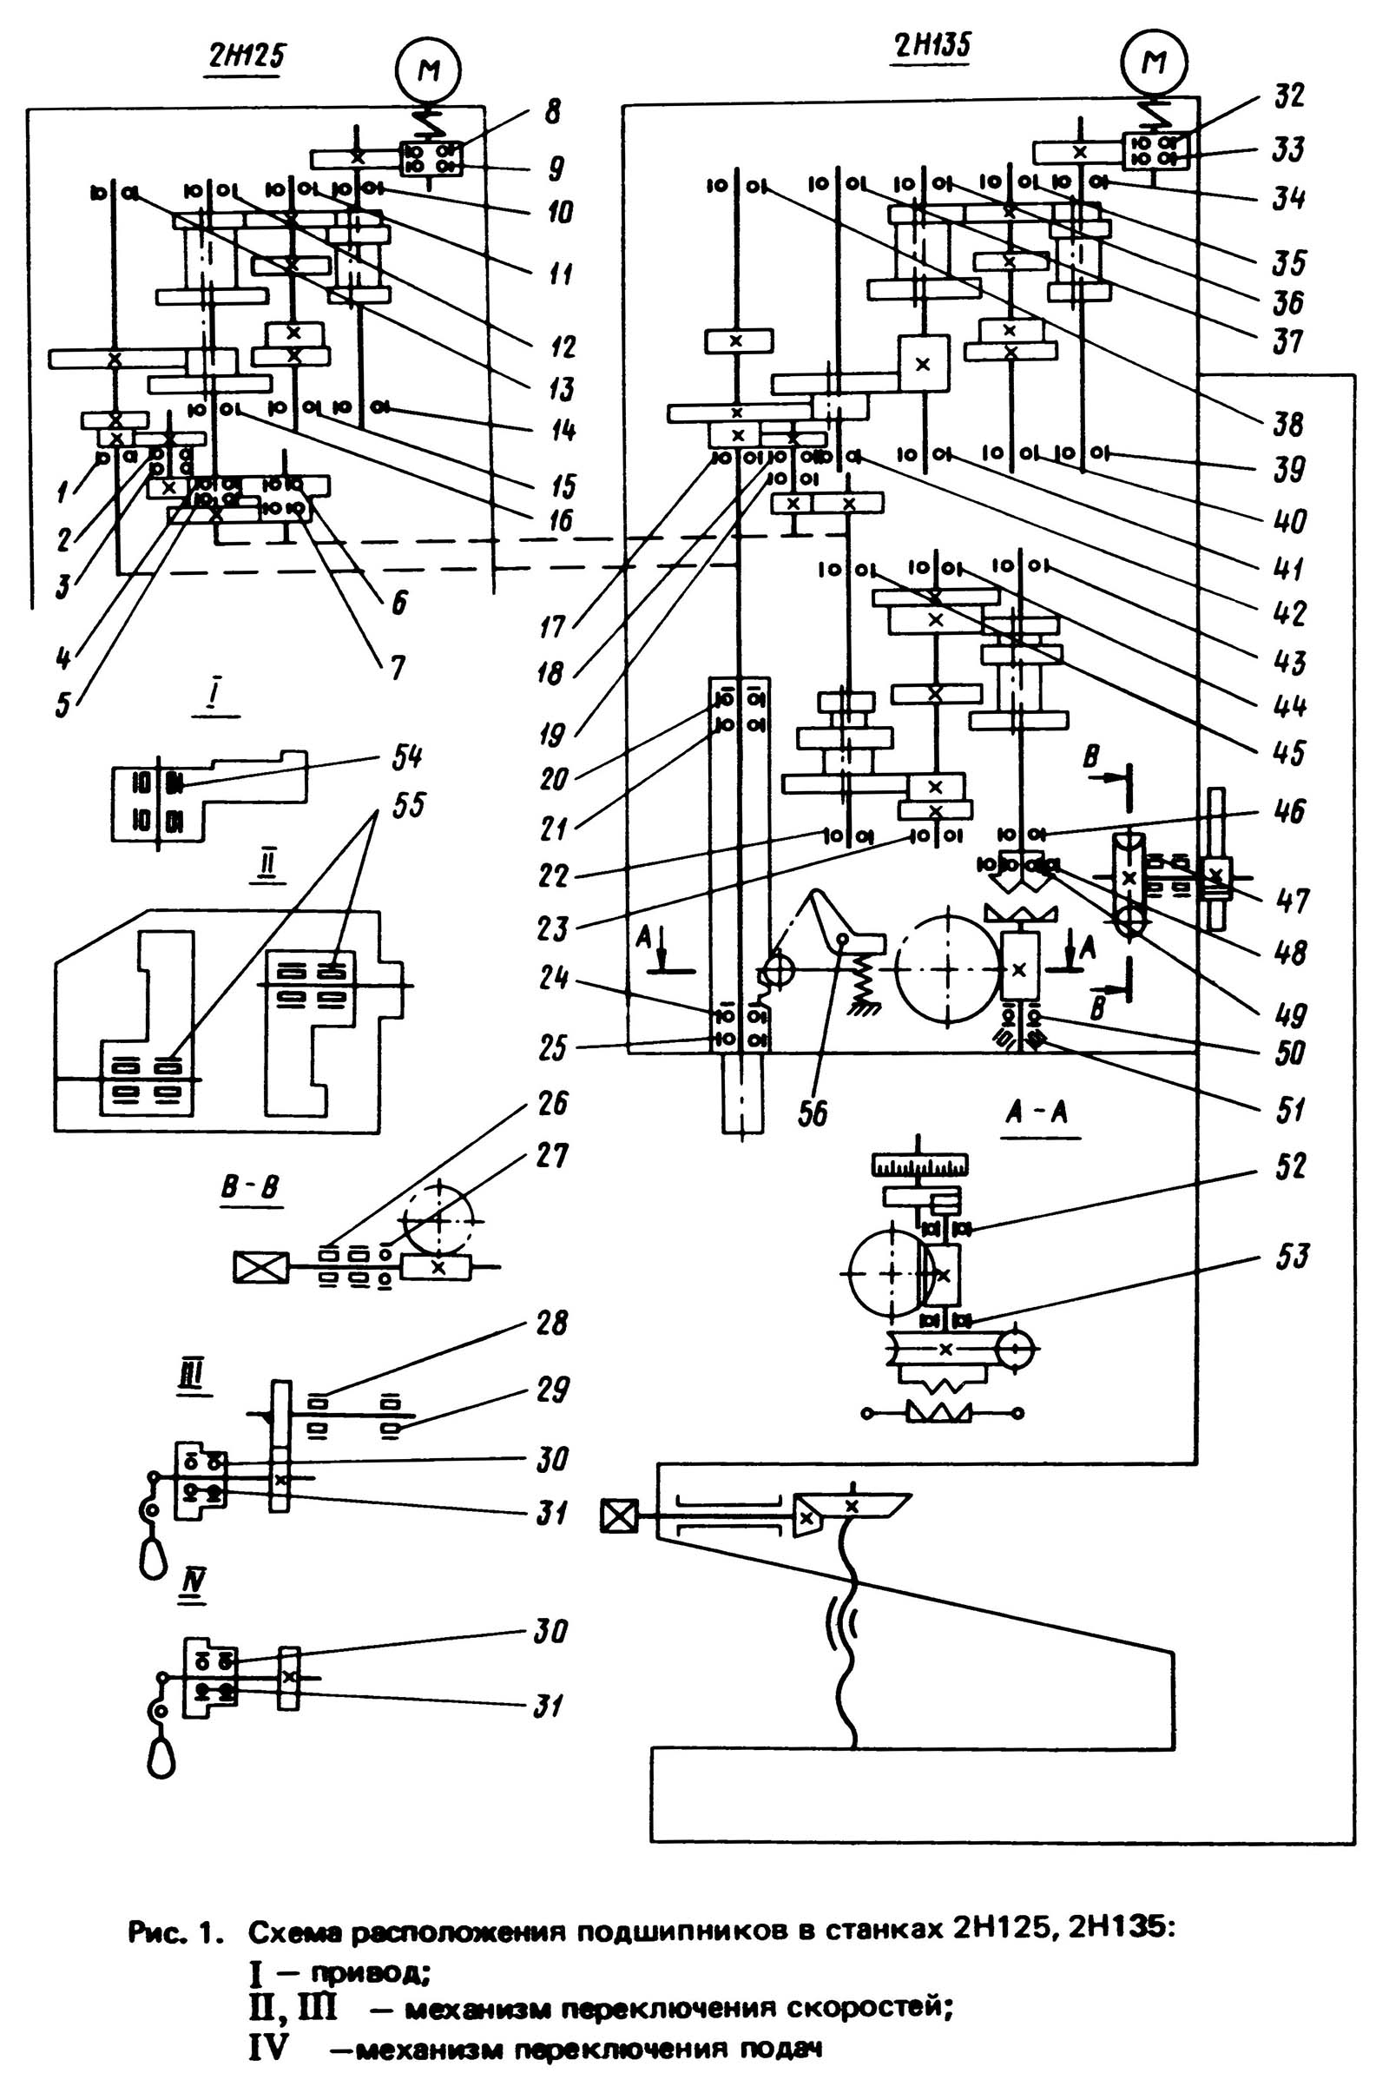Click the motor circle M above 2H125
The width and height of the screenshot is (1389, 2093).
pyautogui.click(x=429, y=69)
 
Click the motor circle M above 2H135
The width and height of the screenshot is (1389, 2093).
pyautogui.click(x=1155, y=61)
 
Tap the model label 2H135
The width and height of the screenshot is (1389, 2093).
pyautogui.click(x=930, y=45)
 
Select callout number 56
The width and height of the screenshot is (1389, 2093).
pyautogui.click(x=813, y=1114)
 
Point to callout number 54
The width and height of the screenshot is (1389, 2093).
pyautogui.click(x=406, y=756)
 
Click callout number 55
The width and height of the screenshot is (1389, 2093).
pyautogui.click(x=406, y=804)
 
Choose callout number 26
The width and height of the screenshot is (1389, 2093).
pyautogui.click(x=551, y=1104)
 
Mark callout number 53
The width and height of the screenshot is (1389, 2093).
pyautogui.click(x=1289, y=1257)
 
